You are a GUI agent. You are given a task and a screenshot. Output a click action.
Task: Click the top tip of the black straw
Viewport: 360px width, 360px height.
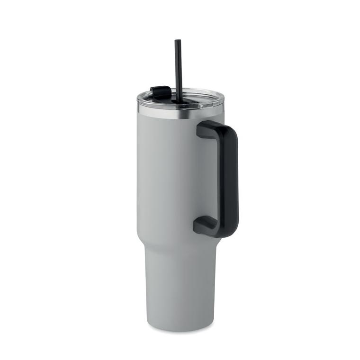point(178,41)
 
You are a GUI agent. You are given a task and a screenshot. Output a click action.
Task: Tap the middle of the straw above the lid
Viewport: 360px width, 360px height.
point(179,66)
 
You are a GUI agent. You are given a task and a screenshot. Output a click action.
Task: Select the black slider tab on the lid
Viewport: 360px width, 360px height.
point(161,92)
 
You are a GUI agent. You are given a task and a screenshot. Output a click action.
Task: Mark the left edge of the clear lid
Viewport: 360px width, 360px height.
point(138,100)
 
